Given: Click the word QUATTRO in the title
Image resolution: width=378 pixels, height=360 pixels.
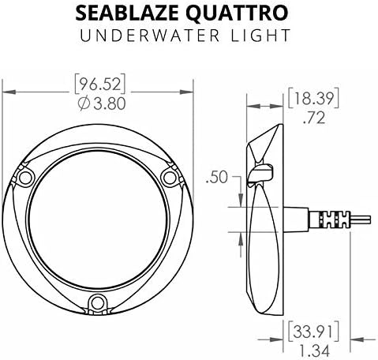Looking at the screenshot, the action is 237,13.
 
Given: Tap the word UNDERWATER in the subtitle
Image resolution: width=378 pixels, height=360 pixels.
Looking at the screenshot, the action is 150,36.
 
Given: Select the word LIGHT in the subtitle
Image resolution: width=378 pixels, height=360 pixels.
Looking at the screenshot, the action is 260,36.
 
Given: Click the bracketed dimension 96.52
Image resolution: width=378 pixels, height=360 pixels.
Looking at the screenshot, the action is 100,84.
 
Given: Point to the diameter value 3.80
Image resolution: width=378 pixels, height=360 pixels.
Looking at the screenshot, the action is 110,103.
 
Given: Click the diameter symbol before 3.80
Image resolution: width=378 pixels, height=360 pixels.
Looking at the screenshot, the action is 84,103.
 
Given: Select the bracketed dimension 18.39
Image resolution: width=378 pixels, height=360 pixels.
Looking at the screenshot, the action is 313,99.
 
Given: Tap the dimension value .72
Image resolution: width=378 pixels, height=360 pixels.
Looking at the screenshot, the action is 314,118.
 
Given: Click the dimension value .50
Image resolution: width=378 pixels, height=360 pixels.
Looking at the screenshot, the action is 216,178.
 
